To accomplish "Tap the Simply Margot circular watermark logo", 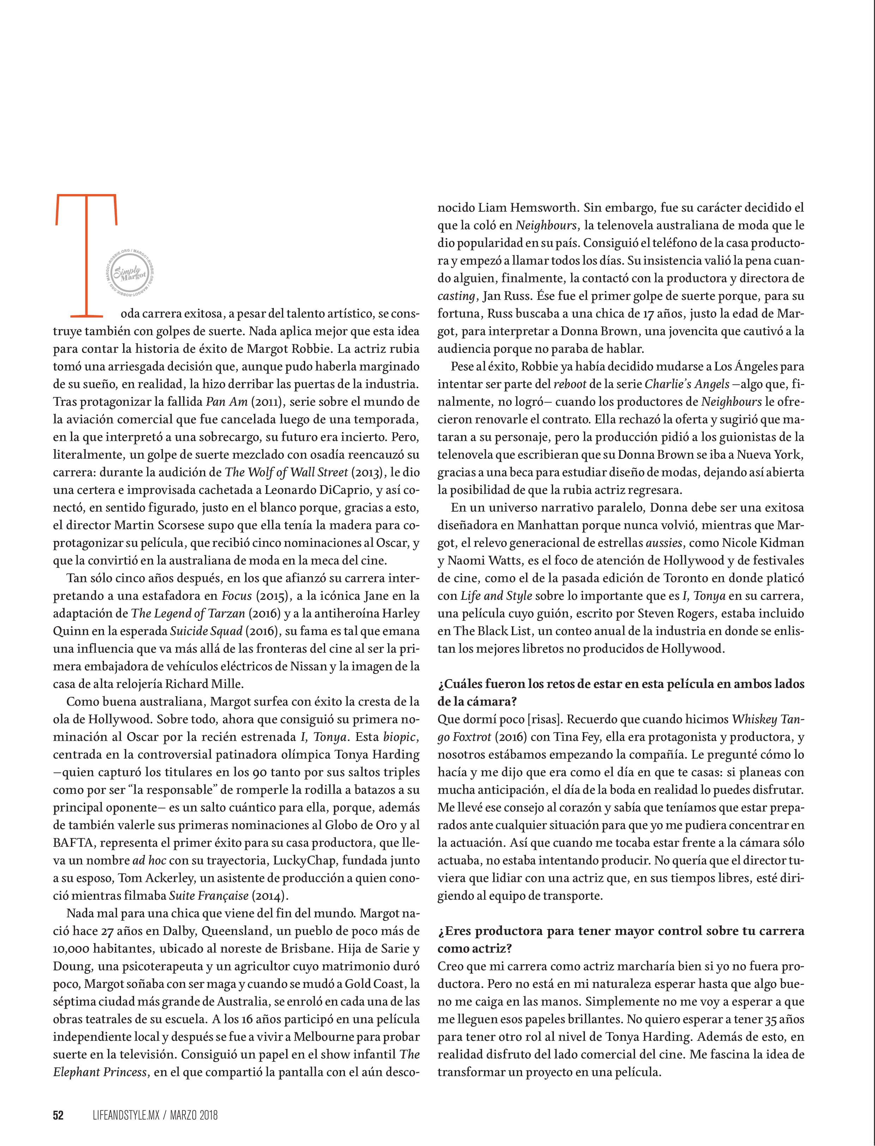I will [x=131, y=273].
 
